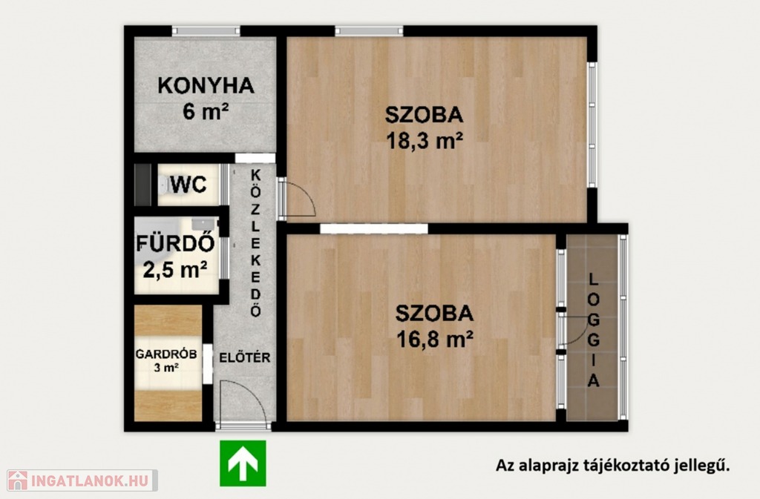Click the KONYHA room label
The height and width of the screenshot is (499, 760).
tap(206, 86)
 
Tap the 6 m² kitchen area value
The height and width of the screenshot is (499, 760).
tap(206, 111)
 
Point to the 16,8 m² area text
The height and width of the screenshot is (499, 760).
tap(435, 340)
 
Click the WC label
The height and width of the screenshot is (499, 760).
tap(189, 185)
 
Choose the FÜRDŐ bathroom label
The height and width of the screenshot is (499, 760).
tap(175, 243)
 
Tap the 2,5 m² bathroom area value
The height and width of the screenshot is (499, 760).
tap(175, 269)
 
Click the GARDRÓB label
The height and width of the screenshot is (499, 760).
tap(166, 354)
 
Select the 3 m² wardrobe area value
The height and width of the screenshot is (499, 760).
tap(166, 368)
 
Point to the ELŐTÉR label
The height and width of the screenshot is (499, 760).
tap(245, 357)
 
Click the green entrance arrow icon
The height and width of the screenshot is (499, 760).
tap(243, 463)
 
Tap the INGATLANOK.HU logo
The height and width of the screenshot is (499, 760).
tap(82, 480)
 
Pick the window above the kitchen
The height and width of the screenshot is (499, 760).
tap(206, 31)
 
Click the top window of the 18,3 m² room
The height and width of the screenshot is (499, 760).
tap(369, 31)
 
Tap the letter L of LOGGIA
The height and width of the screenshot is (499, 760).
tap(593, 280)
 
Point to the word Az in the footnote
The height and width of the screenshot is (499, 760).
tap(504, 466)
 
